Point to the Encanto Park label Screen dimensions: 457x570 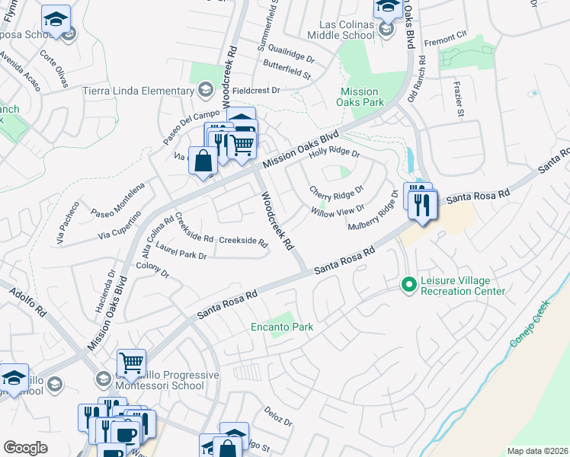coord(282,328)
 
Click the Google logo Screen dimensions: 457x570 coord(25,448)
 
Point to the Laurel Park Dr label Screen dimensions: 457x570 coord(181,251)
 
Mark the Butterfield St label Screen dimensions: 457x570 coord(287,74)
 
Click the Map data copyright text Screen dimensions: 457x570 coord(537,451)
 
